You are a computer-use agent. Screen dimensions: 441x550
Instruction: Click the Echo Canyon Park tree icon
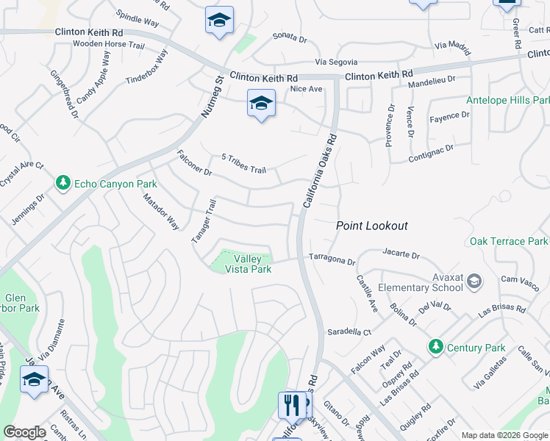click(x=64, y=183)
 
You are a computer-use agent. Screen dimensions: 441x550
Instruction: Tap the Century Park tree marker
click(x=435, y=347)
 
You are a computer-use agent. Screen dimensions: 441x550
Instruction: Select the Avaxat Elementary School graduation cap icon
click(x=474, y=280)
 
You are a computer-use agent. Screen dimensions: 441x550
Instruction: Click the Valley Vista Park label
click(x=252, y=265)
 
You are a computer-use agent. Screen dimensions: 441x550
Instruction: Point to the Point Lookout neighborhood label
click(x=371, y=226)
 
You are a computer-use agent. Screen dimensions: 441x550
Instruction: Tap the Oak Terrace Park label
click(x=509, y=241)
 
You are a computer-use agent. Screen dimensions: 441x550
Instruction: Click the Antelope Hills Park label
click(x=508, y=100)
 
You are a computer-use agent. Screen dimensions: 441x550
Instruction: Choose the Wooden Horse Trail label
click(x=107, y=44)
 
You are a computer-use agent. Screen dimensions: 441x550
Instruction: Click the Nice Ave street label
click(x=306, y=89)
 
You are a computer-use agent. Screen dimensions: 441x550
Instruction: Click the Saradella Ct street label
click(x=348, y=331)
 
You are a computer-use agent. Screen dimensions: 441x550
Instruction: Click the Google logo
click(x=24, y=432)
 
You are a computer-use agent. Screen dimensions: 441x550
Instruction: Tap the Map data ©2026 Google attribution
click(x=504, y=434)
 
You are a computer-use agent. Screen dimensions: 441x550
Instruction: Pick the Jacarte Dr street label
click(x=401, y=255)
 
